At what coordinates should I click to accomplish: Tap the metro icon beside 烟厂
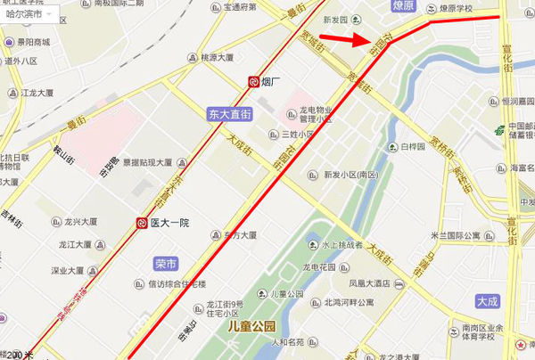(254, 82)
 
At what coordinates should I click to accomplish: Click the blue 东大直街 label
(230, 114)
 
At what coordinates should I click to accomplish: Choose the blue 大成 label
(488, 302)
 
